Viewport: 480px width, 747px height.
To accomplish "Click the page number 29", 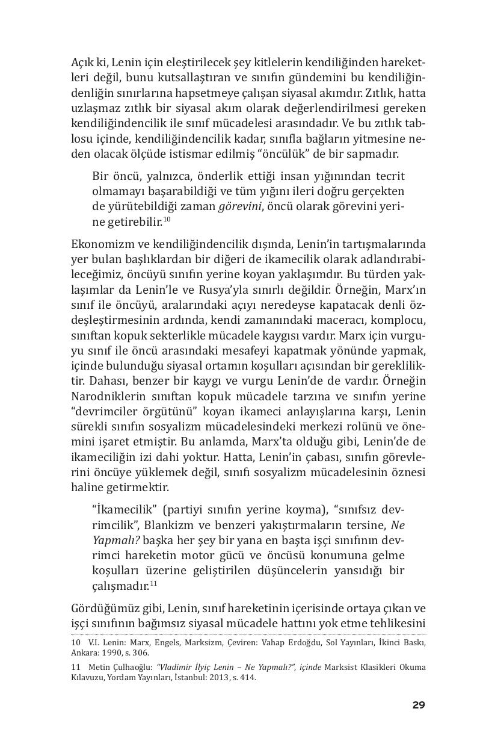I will pyautogui.click(x=419, y=705).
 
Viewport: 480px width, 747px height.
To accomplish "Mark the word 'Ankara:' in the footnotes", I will pyautogui.click(x=85, y=652).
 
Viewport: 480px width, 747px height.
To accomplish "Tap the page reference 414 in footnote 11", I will pyautogui.click(x=247, y=677).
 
